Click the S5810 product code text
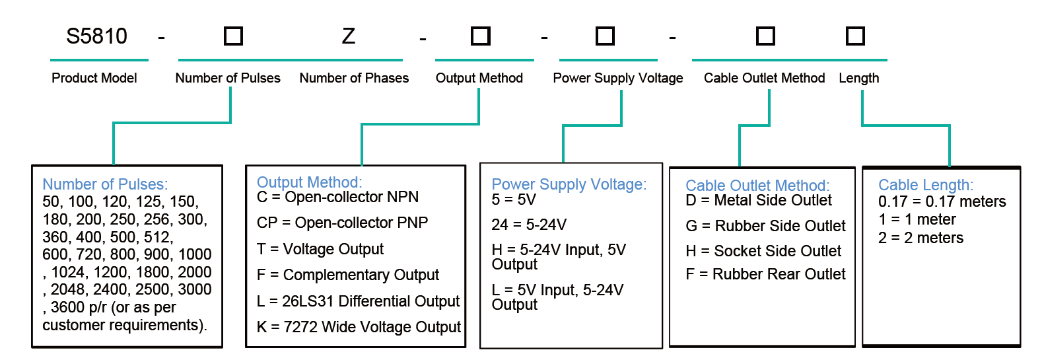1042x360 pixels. (x=96, y=36)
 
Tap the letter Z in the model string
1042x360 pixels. (x=349, y=36)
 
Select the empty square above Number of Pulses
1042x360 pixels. (x=233, y=36)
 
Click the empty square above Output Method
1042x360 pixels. (x=480, y=36)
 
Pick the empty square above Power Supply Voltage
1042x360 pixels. (x=605, y=36)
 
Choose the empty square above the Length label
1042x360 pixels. (x=855, y=36)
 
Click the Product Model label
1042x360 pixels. (x=94, y=78)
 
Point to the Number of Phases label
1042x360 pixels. (x=354, y=78)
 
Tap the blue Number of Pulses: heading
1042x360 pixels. (x=105, y=184)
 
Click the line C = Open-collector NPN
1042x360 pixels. (x=337, y=198)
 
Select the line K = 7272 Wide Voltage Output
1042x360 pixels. (x=359, y=327)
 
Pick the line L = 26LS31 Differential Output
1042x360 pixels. (x=358, y=301)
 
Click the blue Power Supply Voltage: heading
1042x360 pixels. (x=569, y=184)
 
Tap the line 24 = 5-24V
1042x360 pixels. (x=529, y=225)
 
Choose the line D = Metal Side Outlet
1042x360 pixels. (x=759, y=200)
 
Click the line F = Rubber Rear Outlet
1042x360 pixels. (x=766, y=274)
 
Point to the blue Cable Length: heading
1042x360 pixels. (x=926, y=185)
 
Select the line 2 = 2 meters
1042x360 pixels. (x=920, y=238)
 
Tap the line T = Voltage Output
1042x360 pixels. (x=320, y=249)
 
